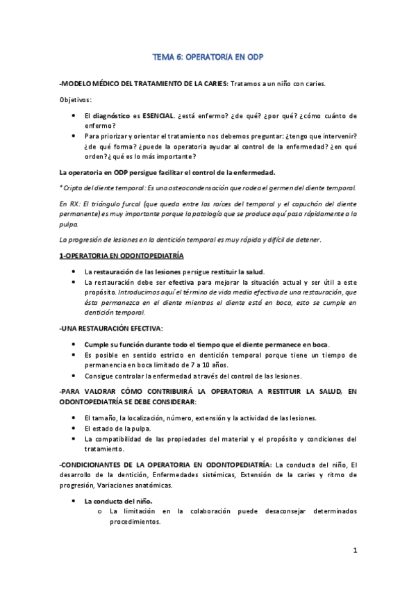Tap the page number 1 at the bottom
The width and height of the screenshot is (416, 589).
pyautogui.click(x=354, y=551)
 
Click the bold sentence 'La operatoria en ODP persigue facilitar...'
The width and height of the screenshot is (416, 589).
pyautogui.click(x=167, y=171)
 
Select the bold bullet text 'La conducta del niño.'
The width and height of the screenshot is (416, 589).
pyautogui.click(x=119, y=500)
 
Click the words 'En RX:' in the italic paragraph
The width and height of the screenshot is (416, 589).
pyautogui.click(x=71, y=205)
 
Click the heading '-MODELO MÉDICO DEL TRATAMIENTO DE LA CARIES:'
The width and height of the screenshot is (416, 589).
pyautogui.click(x=143, y=83)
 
